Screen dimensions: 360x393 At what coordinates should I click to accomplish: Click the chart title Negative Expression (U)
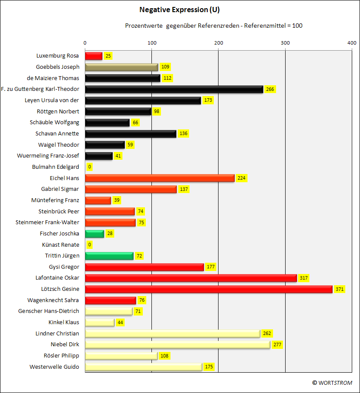pyautogui.click(x=180, y=10)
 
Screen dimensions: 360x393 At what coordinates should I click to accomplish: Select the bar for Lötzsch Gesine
pyautogui.click(x=209, y=289)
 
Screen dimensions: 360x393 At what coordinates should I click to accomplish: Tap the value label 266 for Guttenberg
pyautogui.click(x=270, y=89)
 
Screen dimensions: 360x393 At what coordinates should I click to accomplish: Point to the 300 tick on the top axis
pyautogui.click(x=285, y=43)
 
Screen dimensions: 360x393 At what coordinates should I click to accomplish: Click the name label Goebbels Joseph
pyautogui.click(x=58, y=67)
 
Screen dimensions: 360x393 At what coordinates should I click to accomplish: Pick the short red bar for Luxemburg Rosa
pyautogui.click(x=94, y=56)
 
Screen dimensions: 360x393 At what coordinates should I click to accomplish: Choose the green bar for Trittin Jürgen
pyautogui.click(x=109, y=256)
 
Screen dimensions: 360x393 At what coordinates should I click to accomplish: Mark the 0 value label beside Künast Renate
pyautogui.click(x=90, y=245)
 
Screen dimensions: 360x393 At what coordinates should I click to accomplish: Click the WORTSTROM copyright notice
pyautogui.click(x=332, y=383)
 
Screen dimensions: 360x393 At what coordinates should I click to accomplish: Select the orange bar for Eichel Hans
pyautogui.click(x=160, y=178)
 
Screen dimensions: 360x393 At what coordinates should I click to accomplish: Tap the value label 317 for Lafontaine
pyautogui.click(x=304, y=278)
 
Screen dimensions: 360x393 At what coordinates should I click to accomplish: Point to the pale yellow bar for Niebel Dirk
pyautogui.click(x=177, y=345)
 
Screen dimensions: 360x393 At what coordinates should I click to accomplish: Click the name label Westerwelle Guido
pyautogui.click(x=54, y=367)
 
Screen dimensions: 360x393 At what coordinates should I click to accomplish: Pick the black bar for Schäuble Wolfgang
pyautogui.click(x=107, y=123)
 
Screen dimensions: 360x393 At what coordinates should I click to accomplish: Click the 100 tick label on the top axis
pyautogui.click(x=152, y=43)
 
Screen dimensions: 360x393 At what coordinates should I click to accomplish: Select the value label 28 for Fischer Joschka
pyautogui.click(x=110, y=234)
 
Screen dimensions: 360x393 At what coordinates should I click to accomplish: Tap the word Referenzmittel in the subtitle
pyautogui.click(x=265, y=26)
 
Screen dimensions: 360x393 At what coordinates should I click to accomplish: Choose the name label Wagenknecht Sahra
pyautogui.click(x=53, y=300)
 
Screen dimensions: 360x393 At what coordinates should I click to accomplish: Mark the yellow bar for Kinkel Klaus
pyautogui.click(x=100, y=322)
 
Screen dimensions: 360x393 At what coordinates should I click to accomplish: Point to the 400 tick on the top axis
pyautogui.click(x=352, y=43)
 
